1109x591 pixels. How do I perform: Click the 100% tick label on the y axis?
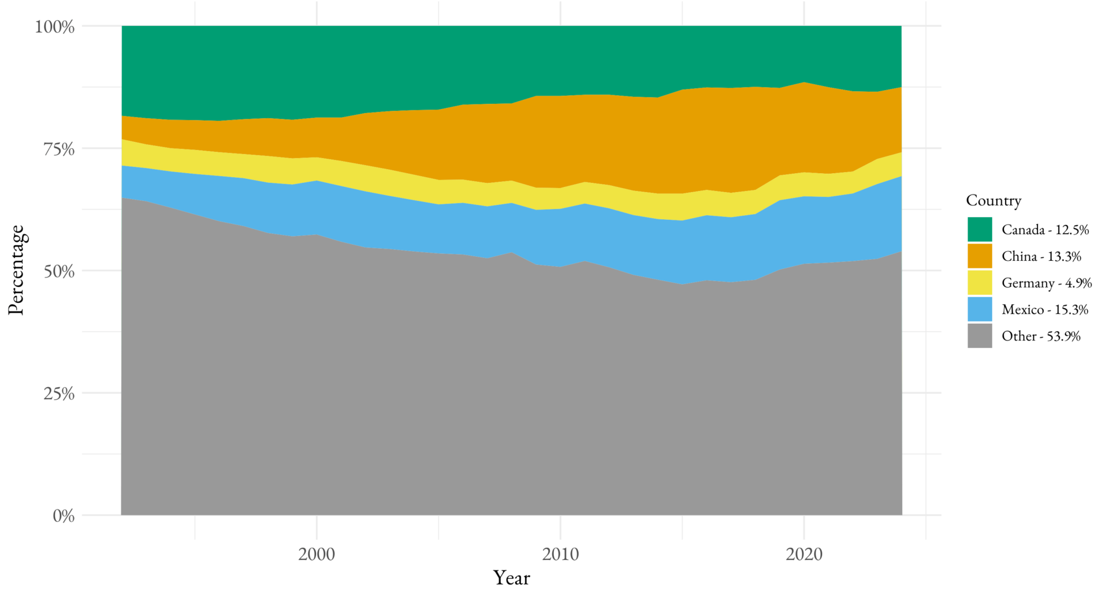tap(55, 27)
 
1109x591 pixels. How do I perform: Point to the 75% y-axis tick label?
tap(59, 149)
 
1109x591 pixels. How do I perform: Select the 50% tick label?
tap(59, 272)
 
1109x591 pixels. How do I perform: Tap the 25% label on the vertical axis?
tap(59, 394)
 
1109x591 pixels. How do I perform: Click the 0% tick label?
tap(64, 516)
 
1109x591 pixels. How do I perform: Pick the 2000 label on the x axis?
tap(317, 555)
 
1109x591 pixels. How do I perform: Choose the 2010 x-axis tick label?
tap(560, 555)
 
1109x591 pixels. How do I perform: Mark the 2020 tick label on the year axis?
tap(804, 555)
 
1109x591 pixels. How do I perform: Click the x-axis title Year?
tap(511, 578)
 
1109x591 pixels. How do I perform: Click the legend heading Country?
tap(993, 201)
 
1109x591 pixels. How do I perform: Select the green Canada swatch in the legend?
tap(980, 230)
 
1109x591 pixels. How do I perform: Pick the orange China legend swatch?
tap(980, 256)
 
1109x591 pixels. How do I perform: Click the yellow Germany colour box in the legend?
tap(980, 283)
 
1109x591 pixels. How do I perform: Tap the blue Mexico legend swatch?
tap(980, 309)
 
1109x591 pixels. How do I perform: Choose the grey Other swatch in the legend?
tap(980, 336)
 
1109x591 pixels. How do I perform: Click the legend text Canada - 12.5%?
tap(1045, 230)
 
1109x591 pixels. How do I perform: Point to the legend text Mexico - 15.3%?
tap(1044, 310)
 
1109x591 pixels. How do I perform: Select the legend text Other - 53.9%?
tap(1041, 336)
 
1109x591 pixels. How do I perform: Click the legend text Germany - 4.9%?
tap(1047, 283)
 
